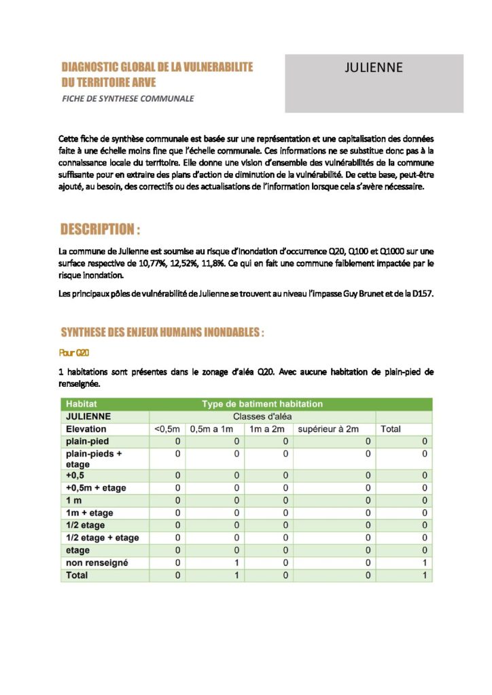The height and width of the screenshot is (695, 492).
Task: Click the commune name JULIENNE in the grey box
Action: pos(374,67)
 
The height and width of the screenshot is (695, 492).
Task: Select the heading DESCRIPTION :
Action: pos(101,229)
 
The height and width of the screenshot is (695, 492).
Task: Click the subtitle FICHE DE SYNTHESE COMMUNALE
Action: pos(128,98)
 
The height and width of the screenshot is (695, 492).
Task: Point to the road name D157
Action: pos(421,293)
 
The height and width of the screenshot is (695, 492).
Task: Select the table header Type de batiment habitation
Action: pos(262,404)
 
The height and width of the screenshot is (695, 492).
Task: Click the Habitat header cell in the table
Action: pos(82,404)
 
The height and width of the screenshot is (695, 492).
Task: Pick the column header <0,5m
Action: pos(167,429)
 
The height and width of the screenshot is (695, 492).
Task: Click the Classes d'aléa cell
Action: pos(262,416)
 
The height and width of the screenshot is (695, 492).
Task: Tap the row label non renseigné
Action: pos(97,563)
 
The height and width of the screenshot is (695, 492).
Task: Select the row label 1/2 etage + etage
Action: pos(103,538)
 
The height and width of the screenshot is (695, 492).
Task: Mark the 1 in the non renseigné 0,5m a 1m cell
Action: pos(236,563)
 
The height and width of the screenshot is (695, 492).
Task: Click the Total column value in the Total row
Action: pos(424,576)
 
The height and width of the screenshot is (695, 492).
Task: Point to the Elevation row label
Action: pos(86,429)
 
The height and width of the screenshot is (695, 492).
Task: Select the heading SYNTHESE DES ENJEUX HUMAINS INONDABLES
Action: pos(162,333)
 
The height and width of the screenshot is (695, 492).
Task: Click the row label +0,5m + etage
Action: pos(96,487)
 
